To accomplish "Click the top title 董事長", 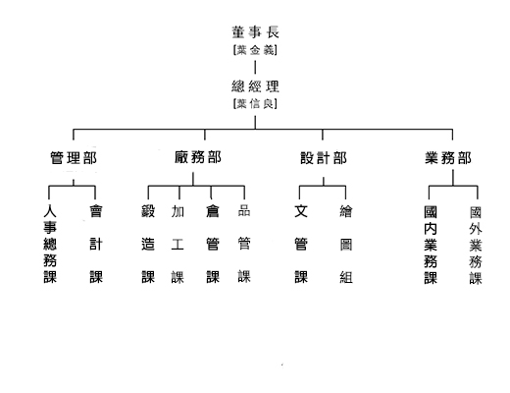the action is coord(255,32).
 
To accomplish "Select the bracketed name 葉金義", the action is coord(255,50).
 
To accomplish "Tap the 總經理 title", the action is coord(255,86).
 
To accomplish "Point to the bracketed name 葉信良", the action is coord(255,104).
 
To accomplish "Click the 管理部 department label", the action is coord(74,158).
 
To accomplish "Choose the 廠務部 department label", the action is coord(198,157).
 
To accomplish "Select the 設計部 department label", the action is coord(324,158).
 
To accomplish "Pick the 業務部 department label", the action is coord(448,158).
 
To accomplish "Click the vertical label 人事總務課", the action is coord(50,244).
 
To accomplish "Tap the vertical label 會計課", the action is coord(96,244).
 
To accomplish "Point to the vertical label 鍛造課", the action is coord(148,244).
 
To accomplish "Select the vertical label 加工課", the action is coord(178,245).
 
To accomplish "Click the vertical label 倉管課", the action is coord(213,244).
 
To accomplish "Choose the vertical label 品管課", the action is coord(244,244).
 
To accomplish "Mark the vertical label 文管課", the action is coord(301,244).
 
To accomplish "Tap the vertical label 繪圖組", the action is coord(346,245).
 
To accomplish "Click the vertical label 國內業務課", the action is coord(431,245).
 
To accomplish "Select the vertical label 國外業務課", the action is coord(476,246).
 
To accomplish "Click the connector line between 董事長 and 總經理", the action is coord(255,68).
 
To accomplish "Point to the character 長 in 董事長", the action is coord(273,32).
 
